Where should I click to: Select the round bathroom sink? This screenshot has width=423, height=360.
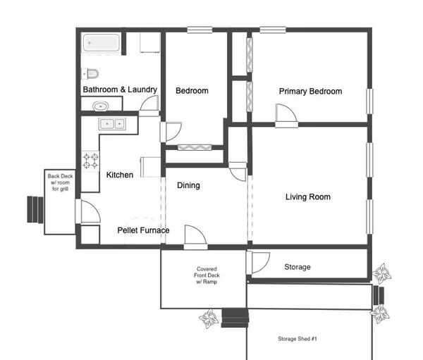(x=100, y=106)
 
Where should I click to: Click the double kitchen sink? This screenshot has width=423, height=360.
(x=112, y=124)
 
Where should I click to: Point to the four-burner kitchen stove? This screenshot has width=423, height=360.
(x=90, y=161)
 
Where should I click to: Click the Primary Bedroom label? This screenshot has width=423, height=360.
(x=310, y=92)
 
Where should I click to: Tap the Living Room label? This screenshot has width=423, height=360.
(x=307, y=197)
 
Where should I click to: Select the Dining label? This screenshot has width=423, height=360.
(x=188, y=185)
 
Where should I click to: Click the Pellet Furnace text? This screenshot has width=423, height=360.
(x=143, y=230)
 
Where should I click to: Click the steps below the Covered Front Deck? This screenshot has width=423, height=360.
(x=235, y=318)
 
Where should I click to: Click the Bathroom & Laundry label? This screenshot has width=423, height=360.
(x=120, y=90)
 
